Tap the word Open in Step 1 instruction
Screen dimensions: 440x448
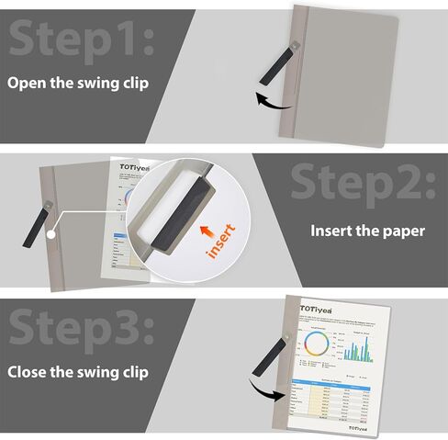pyautogui.click(x=28, y=83)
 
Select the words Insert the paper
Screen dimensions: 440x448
pyautogui.click(x=367, y=231)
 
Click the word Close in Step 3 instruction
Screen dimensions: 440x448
pyautogui.click(x=28, y=373)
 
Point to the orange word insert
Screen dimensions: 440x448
pyautogui.click(x=221, y=239)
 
